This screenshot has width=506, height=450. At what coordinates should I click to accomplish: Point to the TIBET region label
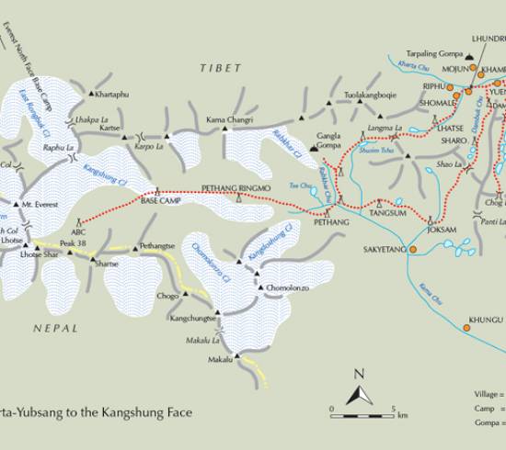[221, 68]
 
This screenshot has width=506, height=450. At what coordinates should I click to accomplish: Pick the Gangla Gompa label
[335, 141]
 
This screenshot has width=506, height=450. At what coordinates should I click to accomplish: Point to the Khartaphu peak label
[116, 94]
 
